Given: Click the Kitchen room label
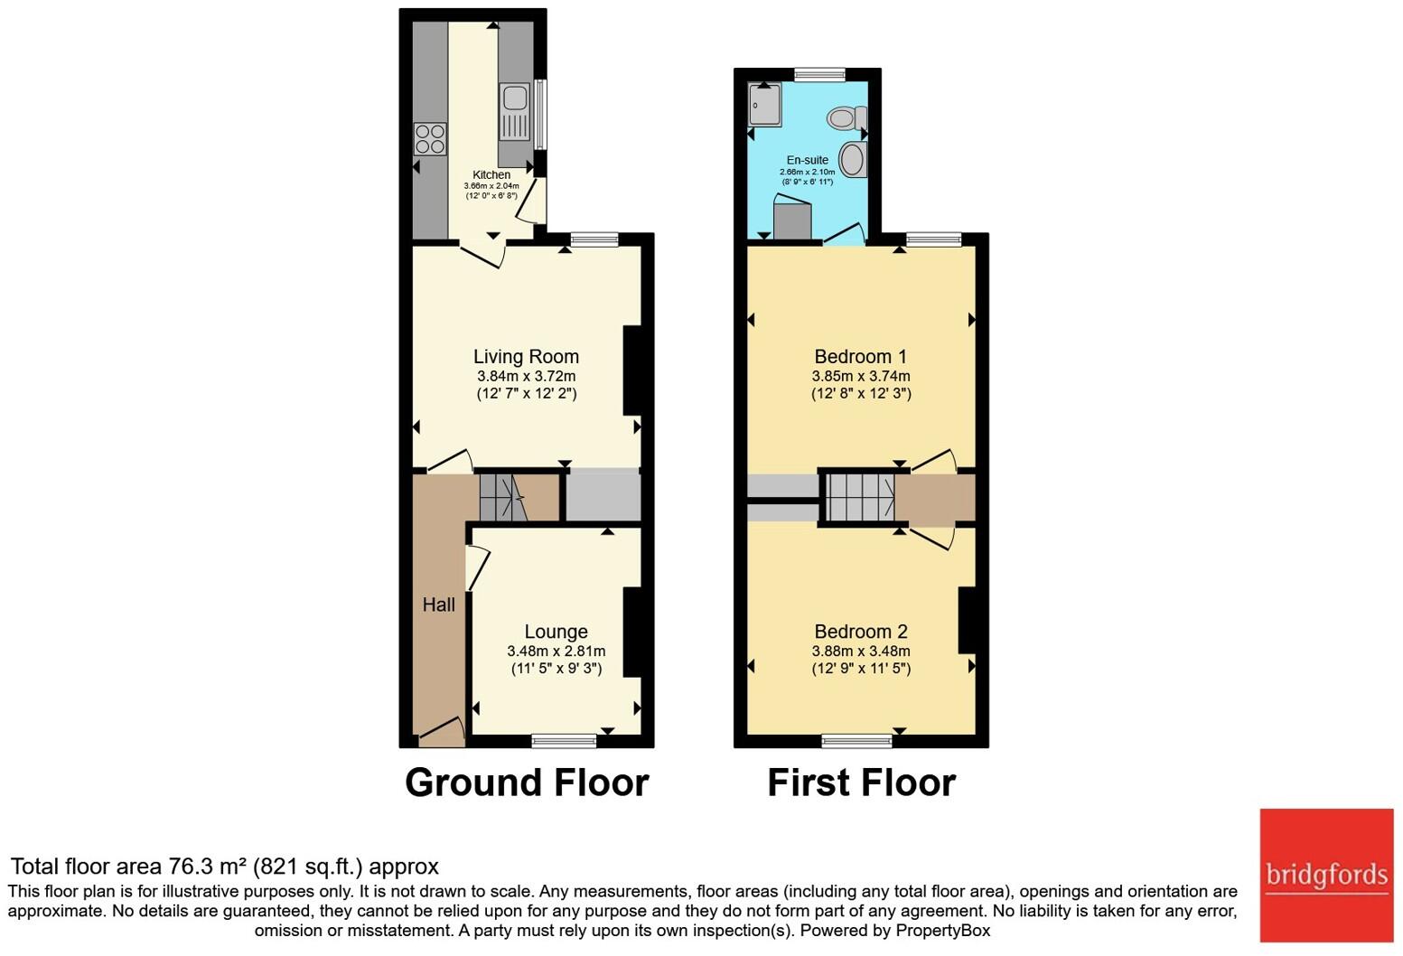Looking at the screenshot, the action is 491,174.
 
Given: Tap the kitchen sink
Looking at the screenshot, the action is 515,113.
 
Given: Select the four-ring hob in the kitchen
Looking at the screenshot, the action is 430,139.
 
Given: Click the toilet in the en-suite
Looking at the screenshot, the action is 846,117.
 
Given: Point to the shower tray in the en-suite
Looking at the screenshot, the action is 765,105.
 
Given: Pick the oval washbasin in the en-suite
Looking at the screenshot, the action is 853,159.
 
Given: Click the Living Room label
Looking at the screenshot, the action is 526,356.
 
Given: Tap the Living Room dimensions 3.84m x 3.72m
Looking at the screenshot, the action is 526,376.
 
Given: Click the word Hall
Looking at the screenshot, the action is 438,605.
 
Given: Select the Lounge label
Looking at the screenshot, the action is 557,631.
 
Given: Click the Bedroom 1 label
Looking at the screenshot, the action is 861,356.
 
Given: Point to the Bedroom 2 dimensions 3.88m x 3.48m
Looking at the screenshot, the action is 861,651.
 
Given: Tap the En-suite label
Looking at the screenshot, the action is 808,160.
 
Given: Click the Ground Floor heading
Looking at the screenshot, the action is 527,783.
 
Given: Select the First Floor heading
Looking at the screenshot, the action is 862,783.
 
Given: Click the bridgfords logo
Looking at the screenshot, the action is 1326,876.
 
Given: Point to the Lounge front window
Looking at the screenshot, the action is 564,742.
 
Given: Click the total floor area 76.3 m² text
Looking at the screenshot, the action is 225,867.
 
